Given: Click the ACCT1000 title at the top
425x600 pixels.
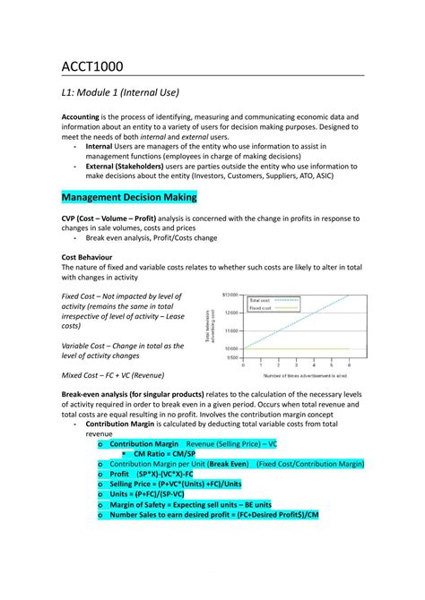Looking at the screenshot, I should [92, 66].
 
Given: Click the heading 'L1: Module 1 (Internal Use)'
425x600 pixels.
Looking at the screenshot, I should [121, 92].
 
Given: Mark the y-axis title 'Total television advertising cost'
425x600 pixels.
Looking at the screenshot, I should [211, 326].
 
